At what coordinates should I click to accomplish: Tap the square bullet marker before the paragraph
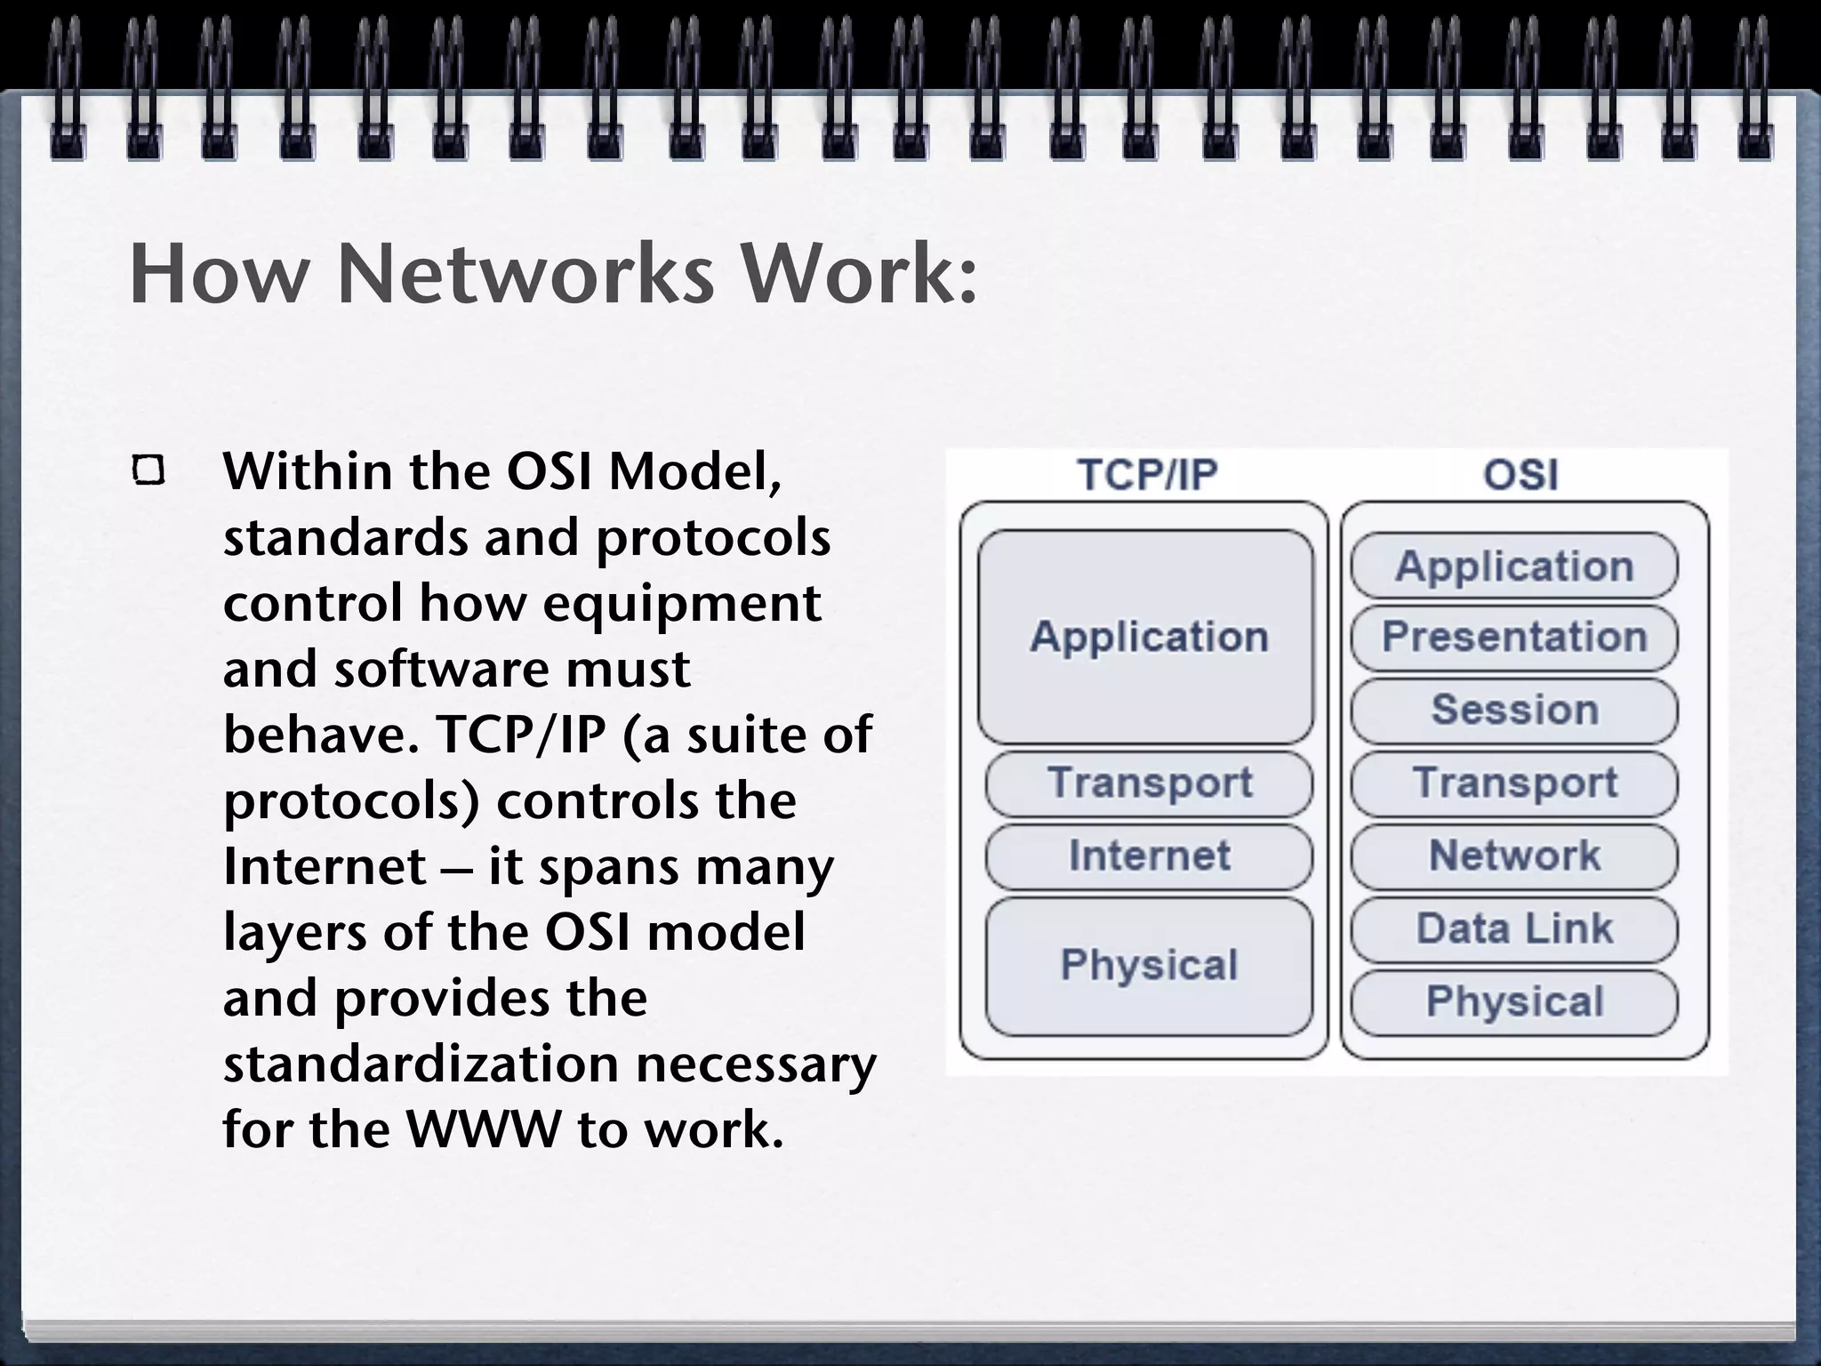pos(148,470)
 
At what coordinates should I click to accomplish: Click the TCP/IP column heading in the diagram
pos(1147,475)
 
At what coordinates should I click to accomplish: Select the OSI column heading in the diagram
pos(1520,475)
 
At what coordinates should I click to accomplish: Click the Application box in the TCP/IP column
pos(1147,637)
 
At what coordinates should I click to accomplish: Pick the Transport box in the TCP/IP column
pos(1149,783)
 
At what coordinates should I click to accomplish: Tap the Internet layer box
pos(1149,856)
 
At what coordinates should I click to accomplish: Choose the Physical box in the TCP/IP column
pos(1149,966)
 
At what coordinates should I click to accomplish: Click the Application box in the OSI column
pos(1514,566)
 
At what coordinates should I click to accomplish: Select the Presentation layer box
pos(1514,638)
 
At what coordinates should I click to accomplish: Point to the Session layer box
pos(1514,711)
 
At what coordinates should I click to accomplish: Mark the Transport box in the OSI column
pos(1514,783)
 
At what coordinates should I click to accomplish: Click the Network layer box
pos(1514,856)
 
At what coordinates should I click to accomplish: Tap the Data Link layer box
pos(1514,929)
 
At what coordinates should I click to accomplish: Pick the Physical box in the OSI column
pos(1514,1002)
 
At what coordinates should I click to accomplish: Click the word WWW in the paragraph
pos(484,1129)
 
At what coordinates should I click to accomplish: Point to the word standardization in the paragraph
pos(421,1064)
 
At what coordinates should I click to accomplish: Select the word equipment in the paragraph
pos(681,603)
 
